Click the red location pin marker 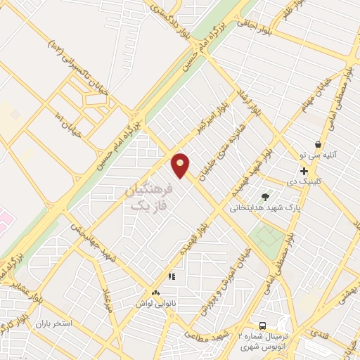(x=181, y=165)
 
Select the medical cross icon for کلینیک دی (x=304, y=172)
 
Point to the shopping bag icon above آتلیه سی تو (x=318, y=144)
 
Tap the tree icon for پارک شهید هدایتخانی (x=265, y=197)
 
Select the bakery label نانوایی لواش (x=155, y=303)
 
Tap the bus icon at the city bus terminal (x=262, y=326)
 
